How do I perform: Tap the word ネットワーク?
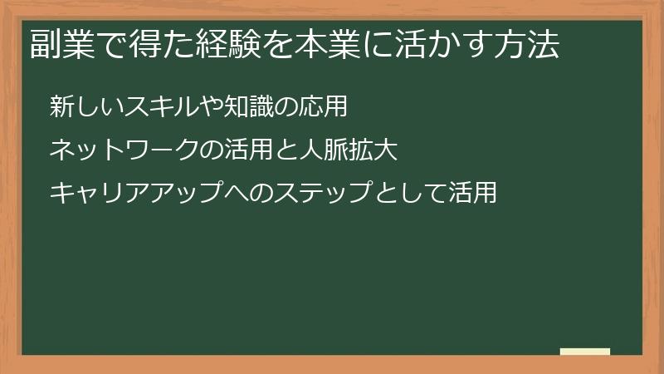tap(124, 150)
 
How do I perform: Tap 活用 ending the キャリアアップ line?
tap(472, 194)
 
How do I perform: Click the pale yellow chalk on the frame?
tap(585, 352)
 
